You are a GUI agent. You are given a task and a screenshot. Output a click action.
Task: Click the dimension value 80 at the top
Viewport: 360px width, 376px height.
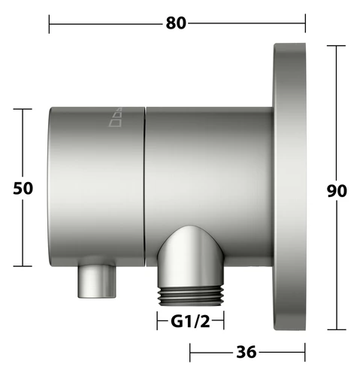click(x=176, y=23)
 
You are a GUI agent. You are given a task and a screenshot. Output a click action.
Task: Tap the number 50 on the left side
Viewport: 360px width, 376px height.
click(x=23, y=188)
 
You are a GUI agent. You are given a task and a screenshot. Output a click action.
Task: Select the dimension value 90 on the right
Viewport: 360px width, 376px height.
click(x=337, y=191)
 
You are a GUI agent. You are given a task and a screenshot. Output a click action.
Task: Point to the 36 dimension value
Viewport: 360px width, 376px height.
click(x=247, y=352)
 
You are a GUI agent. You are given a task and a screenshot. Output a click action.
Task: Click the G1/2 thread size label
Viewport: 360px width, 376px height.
click(x=190, y=321)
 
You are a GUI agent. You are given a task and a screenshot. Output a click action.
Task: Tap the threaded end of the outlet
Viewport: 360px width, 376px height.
click(x=191, y=296)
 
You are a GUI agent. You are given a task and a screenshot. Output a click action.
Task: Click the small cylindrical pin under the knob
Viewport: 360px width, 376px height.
click(x=97, y=280)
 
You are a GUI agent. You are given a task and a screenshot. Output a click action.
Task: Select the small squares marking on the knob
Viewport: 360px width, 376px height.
click(x=116, y=117)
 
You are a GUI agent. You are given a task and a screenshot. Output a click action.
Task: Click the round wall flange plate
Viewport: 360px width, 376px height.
click(x=289, y=186)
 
